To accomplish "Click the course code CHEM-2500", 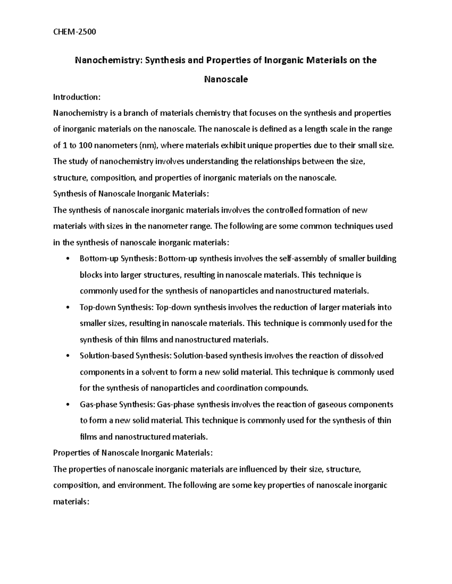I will coord(75,32).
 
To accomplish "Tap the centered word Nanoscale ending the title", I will coord(226,79).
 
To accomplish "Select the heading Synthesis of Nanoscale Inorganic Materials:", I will coord(131,194).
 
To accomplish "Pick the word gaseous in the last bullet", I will coord(333,405).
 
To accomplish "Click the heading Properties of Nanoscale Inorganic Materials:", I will coord(133,453).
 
